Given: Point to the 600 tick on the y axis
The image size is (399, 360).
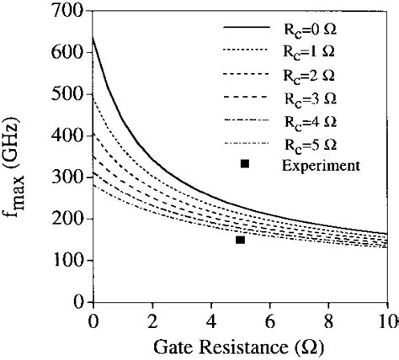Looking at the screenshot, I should click(69, 53).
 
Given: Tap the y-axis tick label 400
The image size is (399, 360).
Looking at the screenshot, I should click(69, 136).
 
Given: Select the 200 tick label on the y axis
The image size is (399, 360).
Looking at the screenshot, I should click(69, 219).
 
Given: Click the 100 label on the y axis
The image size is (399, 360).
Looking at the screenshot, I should click(69, 261).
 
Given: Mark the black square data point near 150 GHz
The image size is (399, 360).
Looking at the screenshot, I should click(240, 240).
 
